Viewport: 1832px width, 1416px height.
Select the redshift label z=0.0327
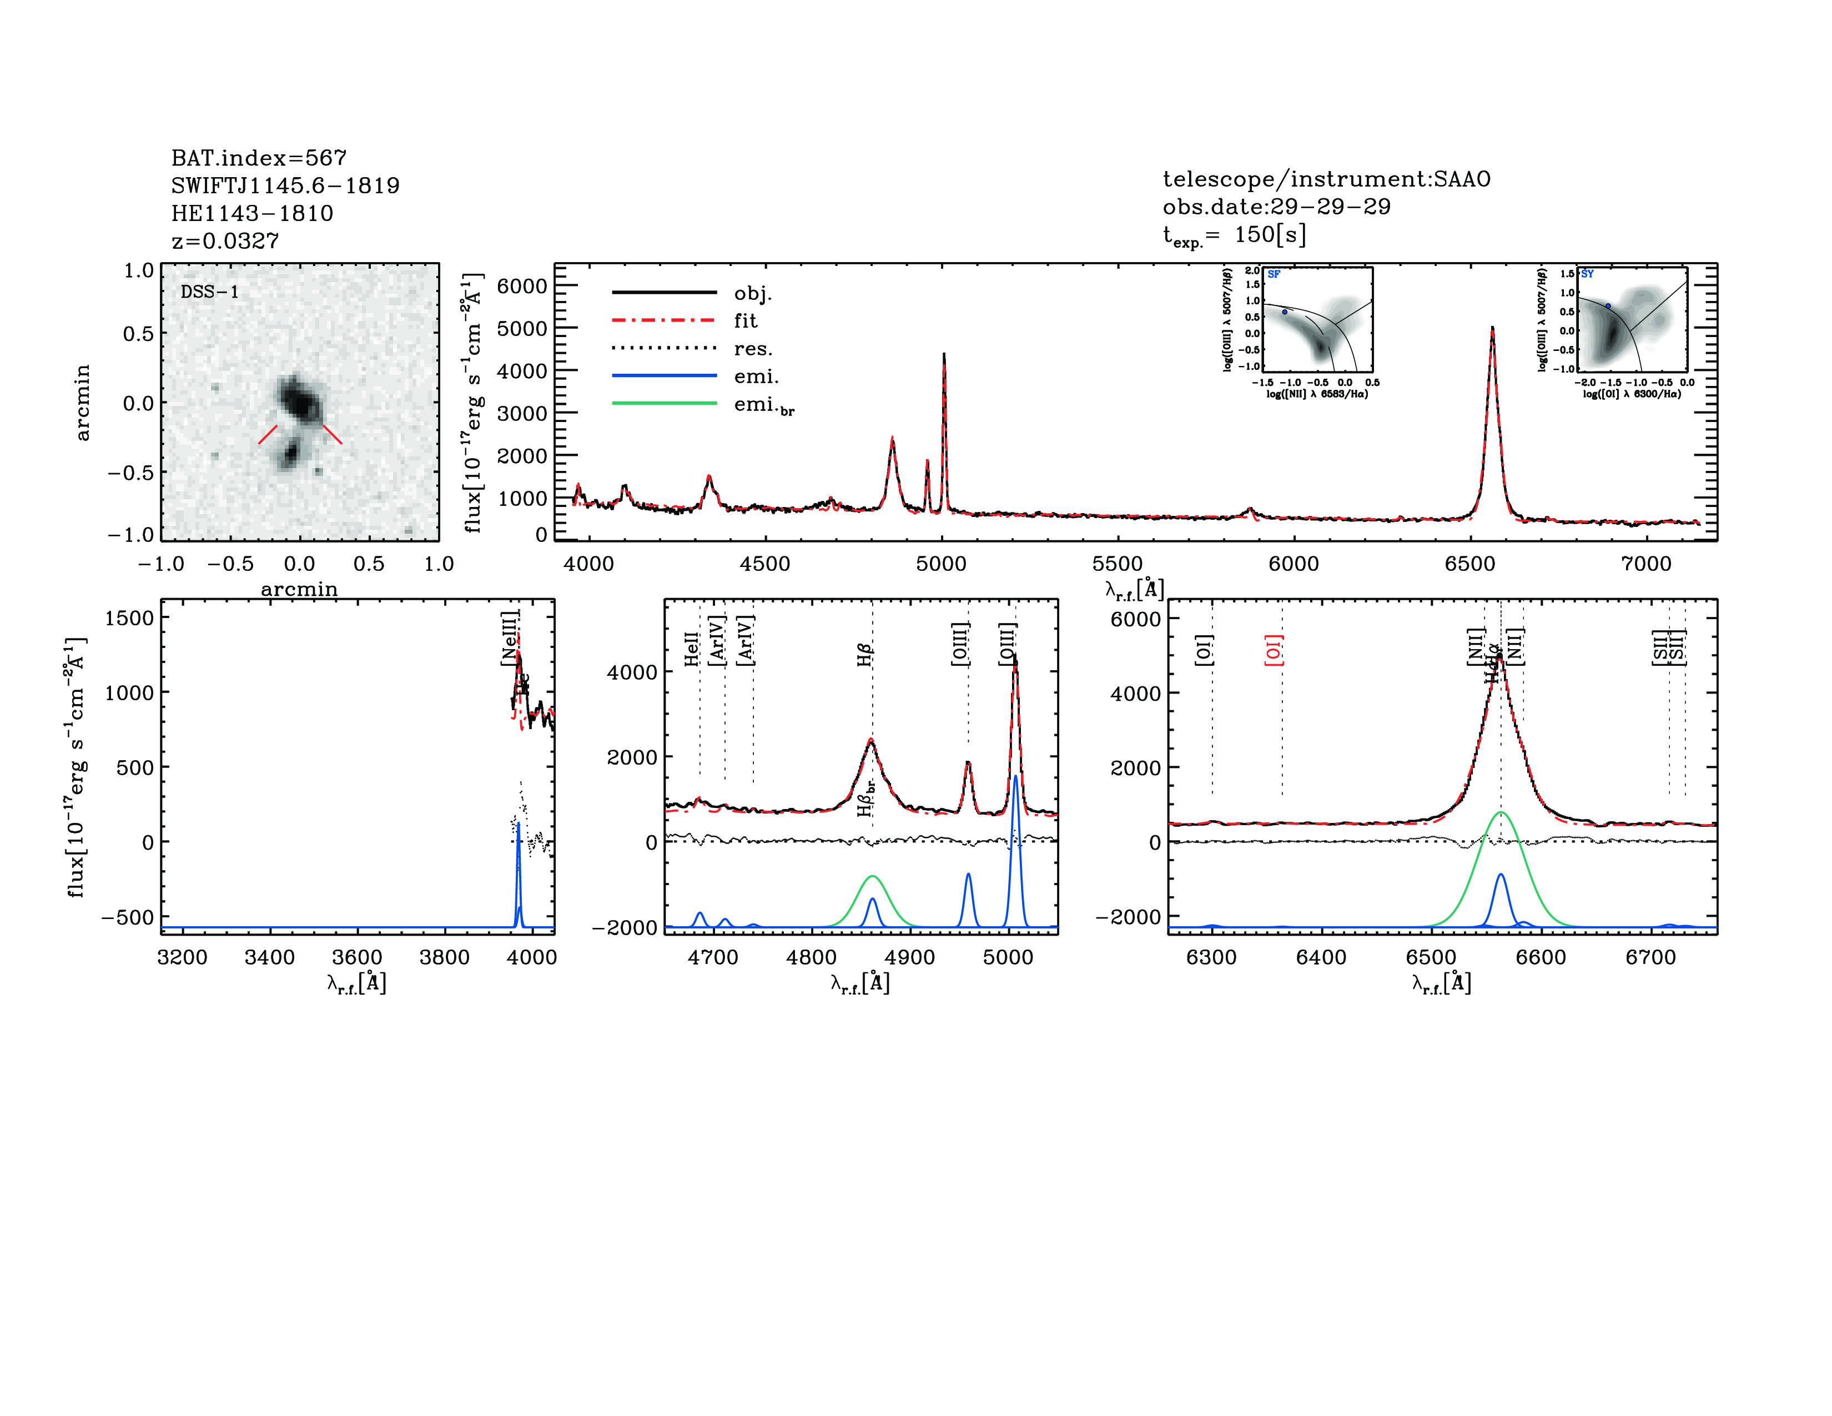click(x=225, y=241)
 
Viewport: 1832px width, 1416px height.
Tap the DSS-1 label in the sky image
click(x=210, y=292)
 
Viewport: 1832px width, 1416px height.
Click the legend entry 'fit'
click(x=745, y=320)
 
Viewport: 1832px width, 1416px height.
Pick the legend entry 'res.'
click(x=752, y=348)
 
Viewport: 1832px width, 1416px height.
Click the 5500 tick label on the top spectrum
click(x=1118, y=564)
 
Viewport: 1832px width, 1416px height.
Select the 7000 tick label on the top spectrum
click(x=1646, y=564)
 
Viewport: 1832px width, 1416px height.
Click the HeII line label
click(x=691, y=649)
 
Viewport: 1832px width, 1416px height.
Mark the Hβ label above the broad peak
click(x=865, y=654)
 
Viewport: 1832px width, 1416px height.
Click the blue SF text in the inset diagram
click(x=1274, y=274)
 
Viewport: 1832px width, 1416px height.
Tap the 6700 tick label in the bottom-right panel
click(x=1650, y=957)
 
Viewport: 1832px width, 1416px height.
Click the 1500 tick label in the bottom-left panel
click(x=129, y=618)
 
